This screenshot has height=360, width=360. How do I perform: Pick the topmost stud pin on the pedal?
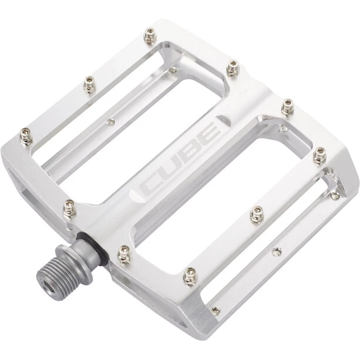(150, 35)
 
